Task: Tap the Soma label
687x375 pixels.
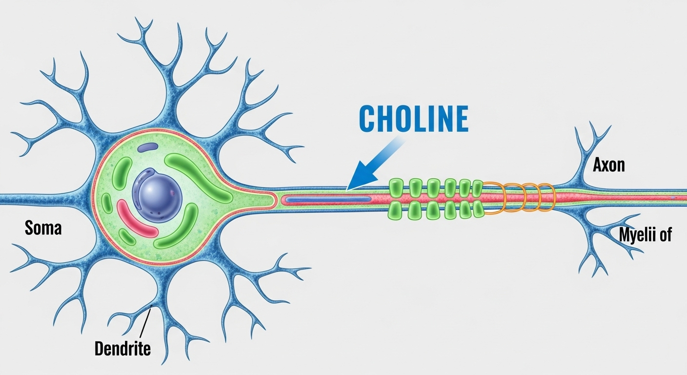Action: [x=43, y=228]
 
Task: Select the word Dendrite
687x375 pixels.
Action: [x=122, y=349]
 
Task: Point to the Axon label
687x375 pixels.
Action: [x=608, y=165]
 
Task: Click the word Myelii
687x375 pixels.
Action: [x=635, y=235]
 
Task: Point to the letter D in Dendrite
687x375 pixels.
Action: [x=100, y=349]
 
